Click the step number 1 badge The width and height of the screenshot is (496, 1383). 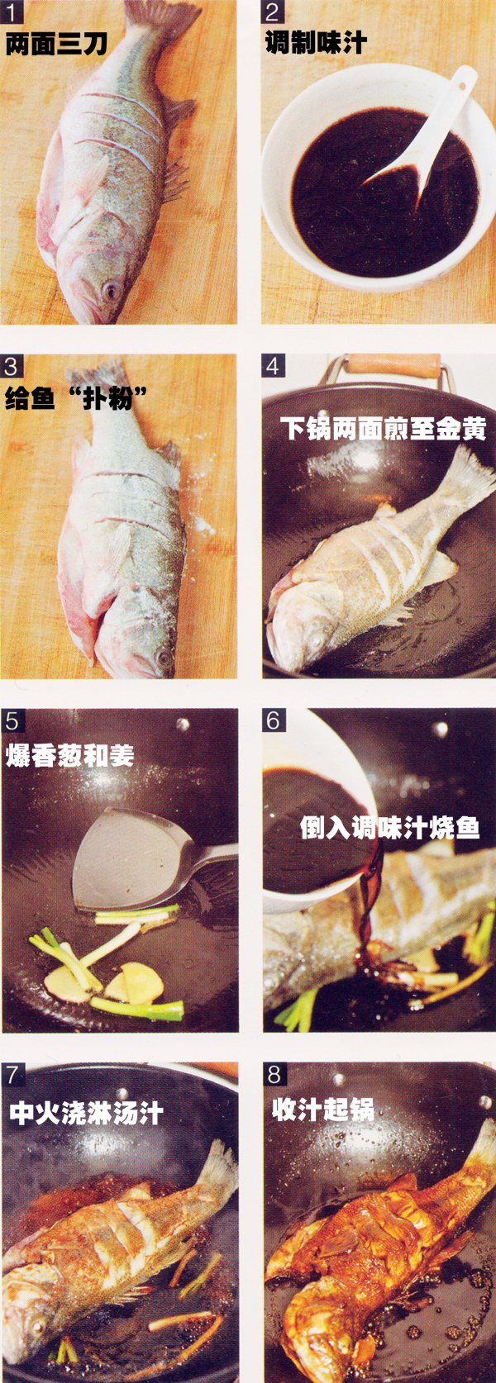point(11,12)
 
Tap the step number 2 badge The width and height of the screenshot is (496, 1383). point(273,12)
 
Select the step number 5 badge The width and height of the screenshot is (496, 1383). point(11,720)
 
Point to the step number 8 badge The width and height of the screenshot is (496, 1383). point(274,1075)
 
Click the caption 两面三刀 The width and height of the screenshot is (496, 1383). point(56,43)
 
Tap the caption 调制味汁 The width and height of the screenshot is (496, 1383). point(316,42)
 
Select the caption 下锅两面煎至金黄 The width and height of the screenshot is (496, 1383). point(383,428)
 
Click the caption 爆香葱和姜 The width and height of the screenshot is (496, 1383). point(69,755)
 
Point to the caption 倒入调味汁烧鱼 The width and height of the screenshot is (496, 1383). point(389,827)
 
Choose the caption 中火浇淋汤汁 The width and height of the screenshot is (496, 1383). point(86,1112)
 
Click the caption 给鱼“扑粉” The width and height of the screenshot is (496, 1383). point(76,398)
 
